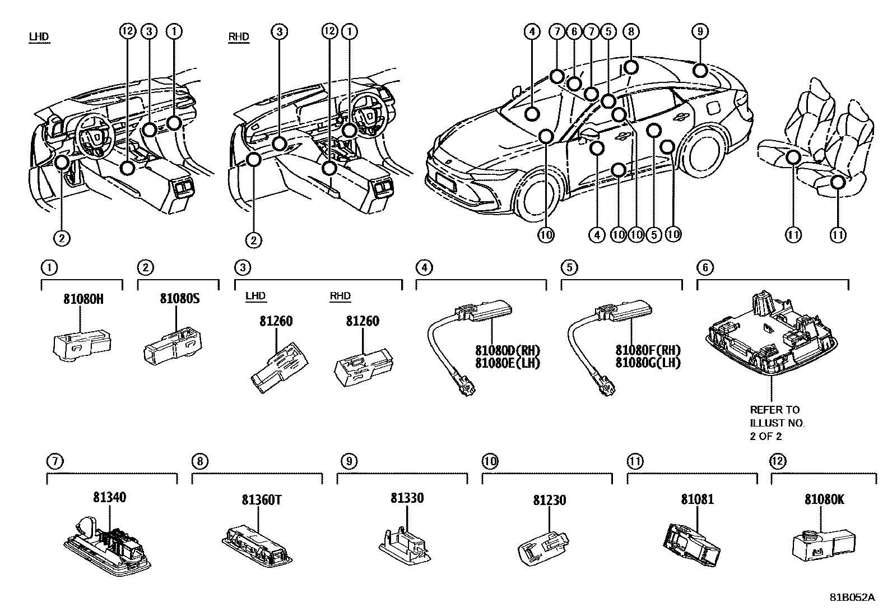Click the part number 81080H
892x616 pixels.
point(83,299)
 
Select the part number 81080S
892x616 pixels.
point(179,298)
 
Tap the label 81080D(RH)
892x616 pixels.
point(508,350)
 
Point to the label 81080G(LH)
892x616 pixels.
point(648,363)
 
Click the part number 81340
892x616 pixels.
point(109,497)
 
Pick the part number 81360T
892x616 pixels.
point(261,499)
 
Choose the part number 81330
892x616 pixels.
point(407,498)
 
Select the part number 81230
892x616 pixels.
point(549,500)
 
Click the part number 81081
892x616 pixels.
point(697,498)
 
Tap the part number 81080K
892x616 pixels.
point(824,499)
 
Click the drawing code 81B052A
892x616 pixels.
point(852,597)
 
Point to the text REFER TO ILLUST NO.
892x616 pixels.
point(777,416)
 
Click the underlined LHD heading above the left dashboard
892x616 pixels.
point(39,37)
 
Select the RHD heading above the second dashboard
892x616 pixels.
point(239,37)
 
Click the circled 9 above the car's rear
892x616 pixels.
point(700,32)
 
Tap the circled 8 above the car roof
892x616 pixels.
point(631,32)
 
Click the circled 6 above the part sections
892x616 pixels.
point(705,267)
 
